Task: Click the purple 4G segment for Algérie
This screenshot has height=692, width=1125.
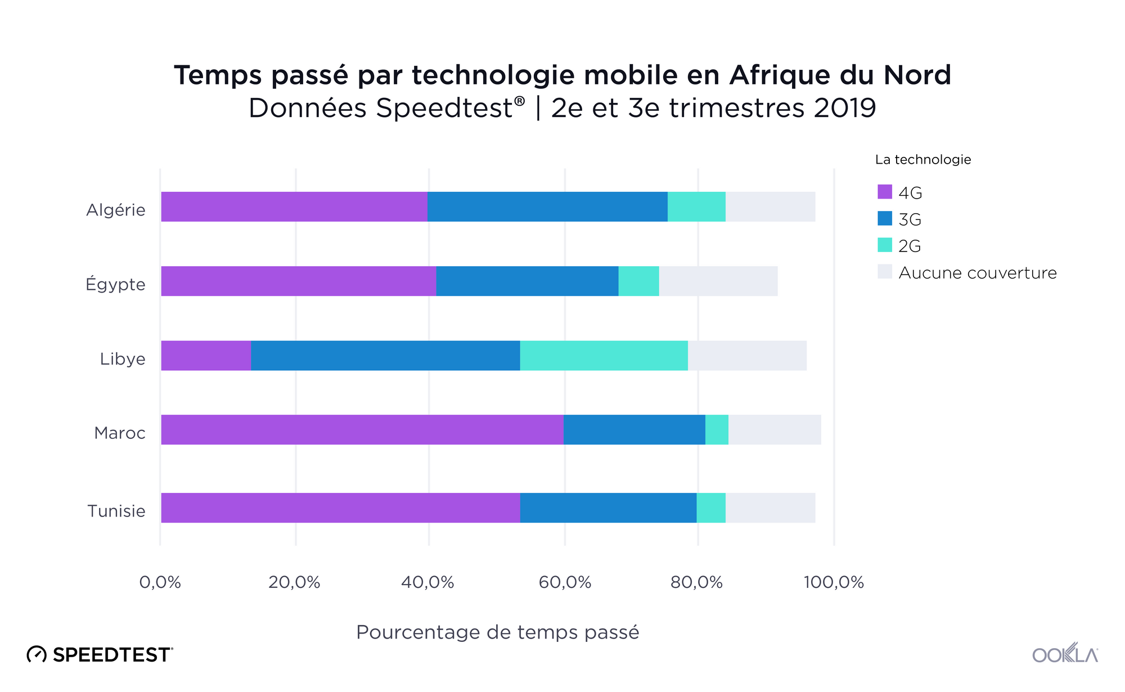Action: pos(294,206)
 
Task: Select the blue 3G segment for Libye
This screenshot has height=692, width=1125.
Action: pos(385,356)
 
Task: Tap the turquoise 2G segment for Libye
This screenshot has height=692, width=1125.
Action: pos(604,356)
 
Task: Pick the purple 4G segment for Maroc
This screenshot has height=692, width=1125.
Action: pos(362,430)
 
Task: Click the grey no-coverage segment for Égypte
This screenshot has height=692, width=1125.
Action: pos(718,281)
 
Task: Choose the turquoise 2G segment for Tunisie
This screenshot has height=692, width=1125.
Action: pos(711,508)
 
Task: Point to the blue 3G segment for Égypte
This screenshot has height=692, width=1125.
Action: pos(527,281)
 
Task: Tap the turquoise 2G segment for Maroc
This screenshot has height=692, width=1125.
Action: pos(717,430)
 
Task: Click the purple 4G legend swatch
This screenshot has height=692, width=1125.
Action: pos(885,192)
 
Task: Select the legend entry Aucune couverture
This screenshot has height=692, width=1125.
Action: pos(977,273)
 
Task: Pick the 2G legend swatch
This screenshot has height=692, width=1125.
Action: pos(885,245)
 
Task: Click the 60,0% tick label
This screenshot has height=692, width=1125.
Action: pos(565,582)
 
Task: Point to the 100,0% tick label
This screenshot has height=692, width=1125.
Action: pos(834,582)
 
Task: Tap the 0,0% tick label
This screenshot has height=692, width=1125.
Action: pos(160,582)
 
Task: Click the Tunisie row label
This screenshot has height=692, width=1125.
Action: pos(116,511)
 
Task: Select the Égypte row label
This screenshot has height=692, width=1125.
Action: pos(115,284)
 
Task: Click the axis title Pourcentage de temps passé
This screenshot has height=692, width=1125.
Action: pos(497,632)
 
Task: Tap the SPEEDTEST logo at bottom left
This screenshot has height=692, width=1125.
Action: pos(100,654)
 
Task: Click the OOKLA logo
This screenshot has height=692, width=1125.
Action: pos(1065,654)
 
